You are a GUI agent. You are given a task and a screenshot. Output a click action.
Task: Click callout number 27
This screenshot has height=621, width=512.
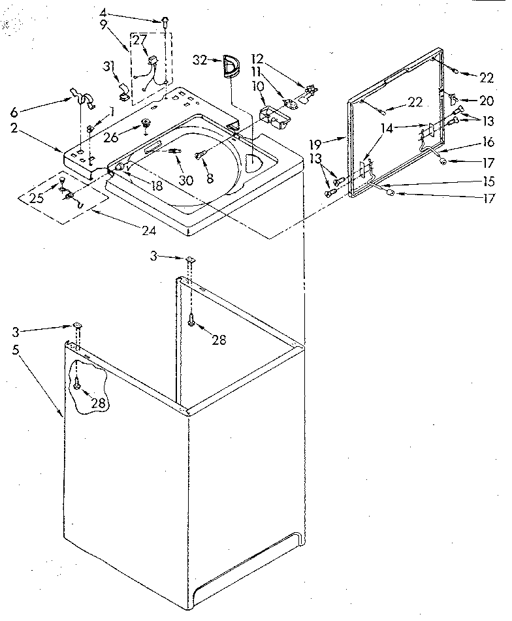pyautogui.click(x=140, y=39)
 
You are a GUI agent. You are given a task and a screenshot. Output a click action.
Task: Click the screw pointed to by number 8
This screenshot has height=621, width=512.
pyautogui.click(x=201, y=154)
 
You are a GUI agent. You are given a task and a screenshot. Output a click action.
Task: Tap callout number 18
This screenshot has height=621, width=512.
pyautogui.click(x=155, y=185)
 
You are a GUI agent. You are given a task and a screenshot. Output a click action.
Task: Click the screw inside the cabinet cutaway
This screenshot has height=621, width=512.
pyautogui.click(x=77, y=386)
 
